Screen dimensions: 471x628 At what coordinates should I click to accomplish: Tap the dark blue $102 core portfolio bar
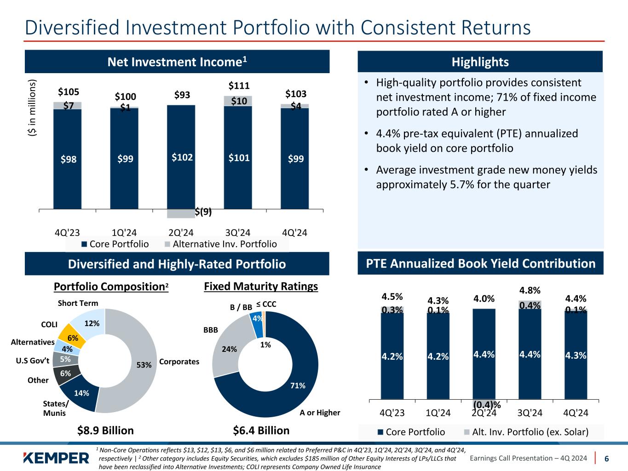pos(181,157)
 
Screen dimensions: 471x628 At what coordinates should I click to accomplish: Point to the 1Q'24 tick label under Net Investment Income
pos(124,232)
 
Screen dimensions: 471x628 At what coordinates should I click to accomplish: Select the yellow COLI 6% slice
pos(74,336)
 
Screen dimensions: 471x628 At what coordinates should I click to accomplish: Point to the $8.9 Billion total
pos(105,431)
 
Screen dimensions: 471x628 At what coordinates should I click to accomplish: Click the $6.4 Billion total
pos(261,431)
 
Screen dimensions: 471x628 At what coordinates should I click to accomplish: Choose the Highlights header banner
pos(480,62)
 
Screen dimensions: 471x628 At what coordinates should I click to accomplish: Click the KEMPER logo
pos(56,458)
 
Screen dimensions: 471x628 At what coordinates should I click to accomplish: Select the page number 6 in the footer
pos(606,459)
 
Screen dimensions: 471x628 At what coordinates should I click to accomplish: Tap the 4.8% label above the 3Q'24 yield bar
pos(530,291)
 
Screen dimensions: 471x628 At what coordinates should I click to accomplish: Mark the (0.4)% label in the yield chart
pos(487,405)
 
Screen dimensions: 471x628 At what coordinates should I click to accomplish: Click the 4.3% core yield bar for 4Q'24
pos(576,355)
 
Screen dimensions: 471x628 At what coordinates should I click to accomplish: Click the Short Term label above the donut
pos(78,303)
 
